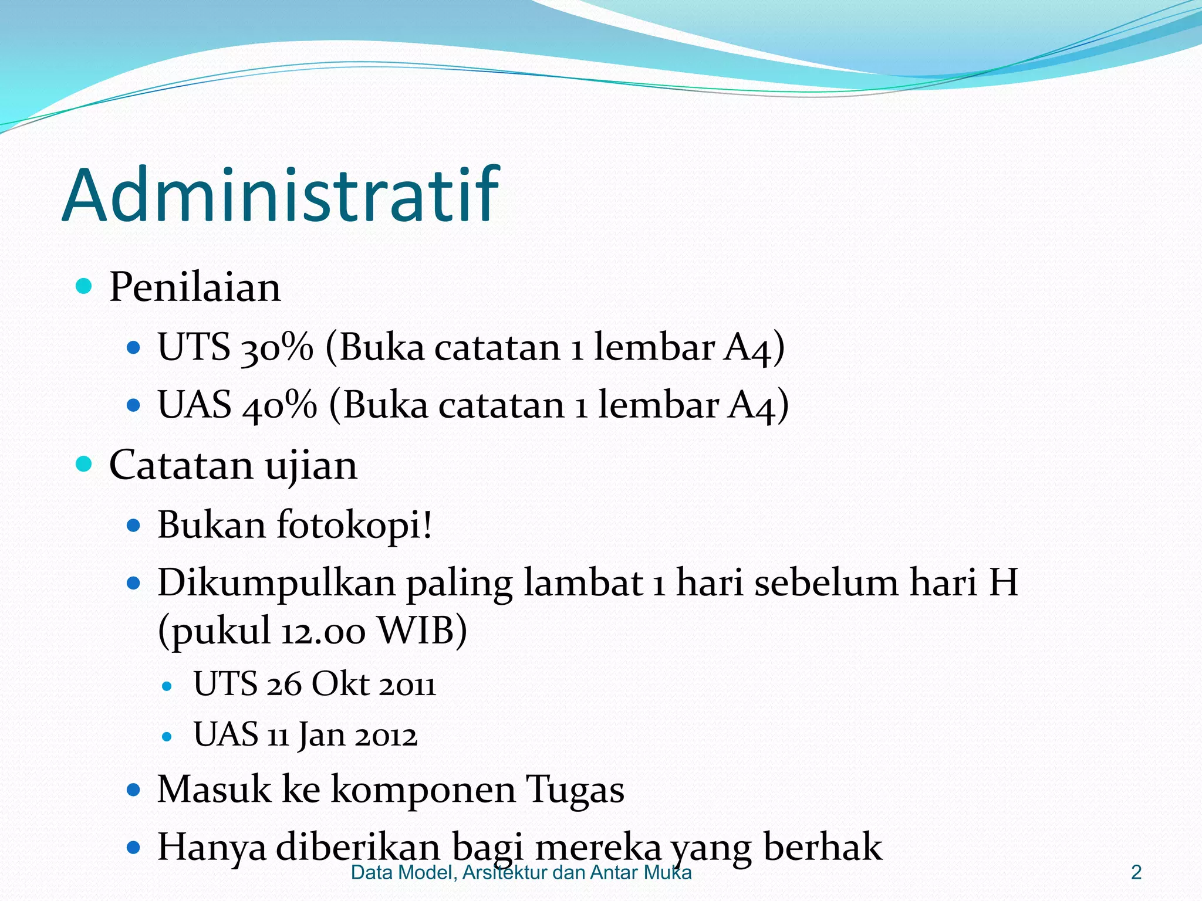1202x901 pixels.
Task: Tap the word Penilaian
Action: point(195,287)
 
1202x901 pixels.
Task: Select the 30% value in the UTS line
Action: point(276,347)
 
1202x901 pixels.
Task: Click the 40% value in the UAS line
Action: point(279,405)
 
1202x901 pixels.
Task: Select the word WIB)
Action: point(422,631)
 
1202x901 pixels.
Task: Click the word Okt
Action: point(340,685)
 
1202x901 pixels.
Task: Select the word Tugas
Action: point(575,789)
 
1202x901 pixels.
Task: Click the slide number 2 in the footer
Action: point(1136,873)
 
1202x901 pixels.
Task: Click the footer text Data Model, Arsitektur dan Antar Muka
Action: point(521,873)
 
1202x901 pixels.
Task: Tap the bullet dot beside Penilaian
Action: point(85,287)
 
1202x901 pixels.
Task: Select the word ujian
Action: point(310,466)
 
